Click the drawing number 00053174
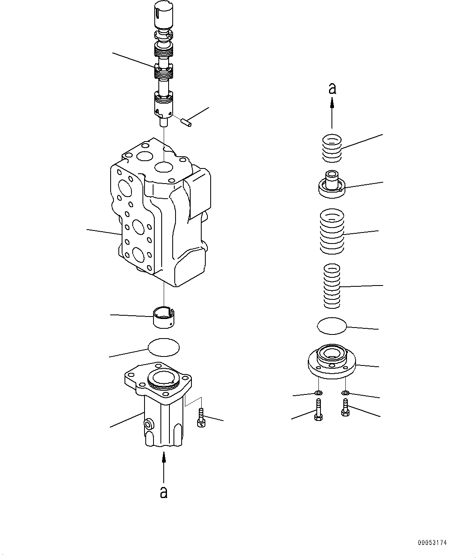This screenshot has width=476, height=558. (432, 543)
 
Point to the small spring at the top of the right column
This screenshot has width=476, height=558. (331, 148)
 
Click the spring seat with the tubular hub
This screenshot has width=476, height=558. (331, 186)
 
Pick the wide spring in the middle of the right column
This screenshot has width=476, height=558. (331, 230)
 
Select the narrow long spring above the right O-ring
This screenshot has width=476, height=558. (331, 286)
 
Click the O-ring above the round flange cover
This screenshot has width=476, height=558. (331, 326)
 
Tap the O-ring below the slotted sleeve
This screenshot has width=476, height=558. (163, 347)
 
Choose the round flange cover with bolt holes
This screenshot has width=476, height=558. (331, 362)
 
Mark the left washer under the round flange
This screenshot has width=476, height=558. (318, 393)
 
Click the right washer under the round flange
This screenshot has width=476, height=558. (345, 393)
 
